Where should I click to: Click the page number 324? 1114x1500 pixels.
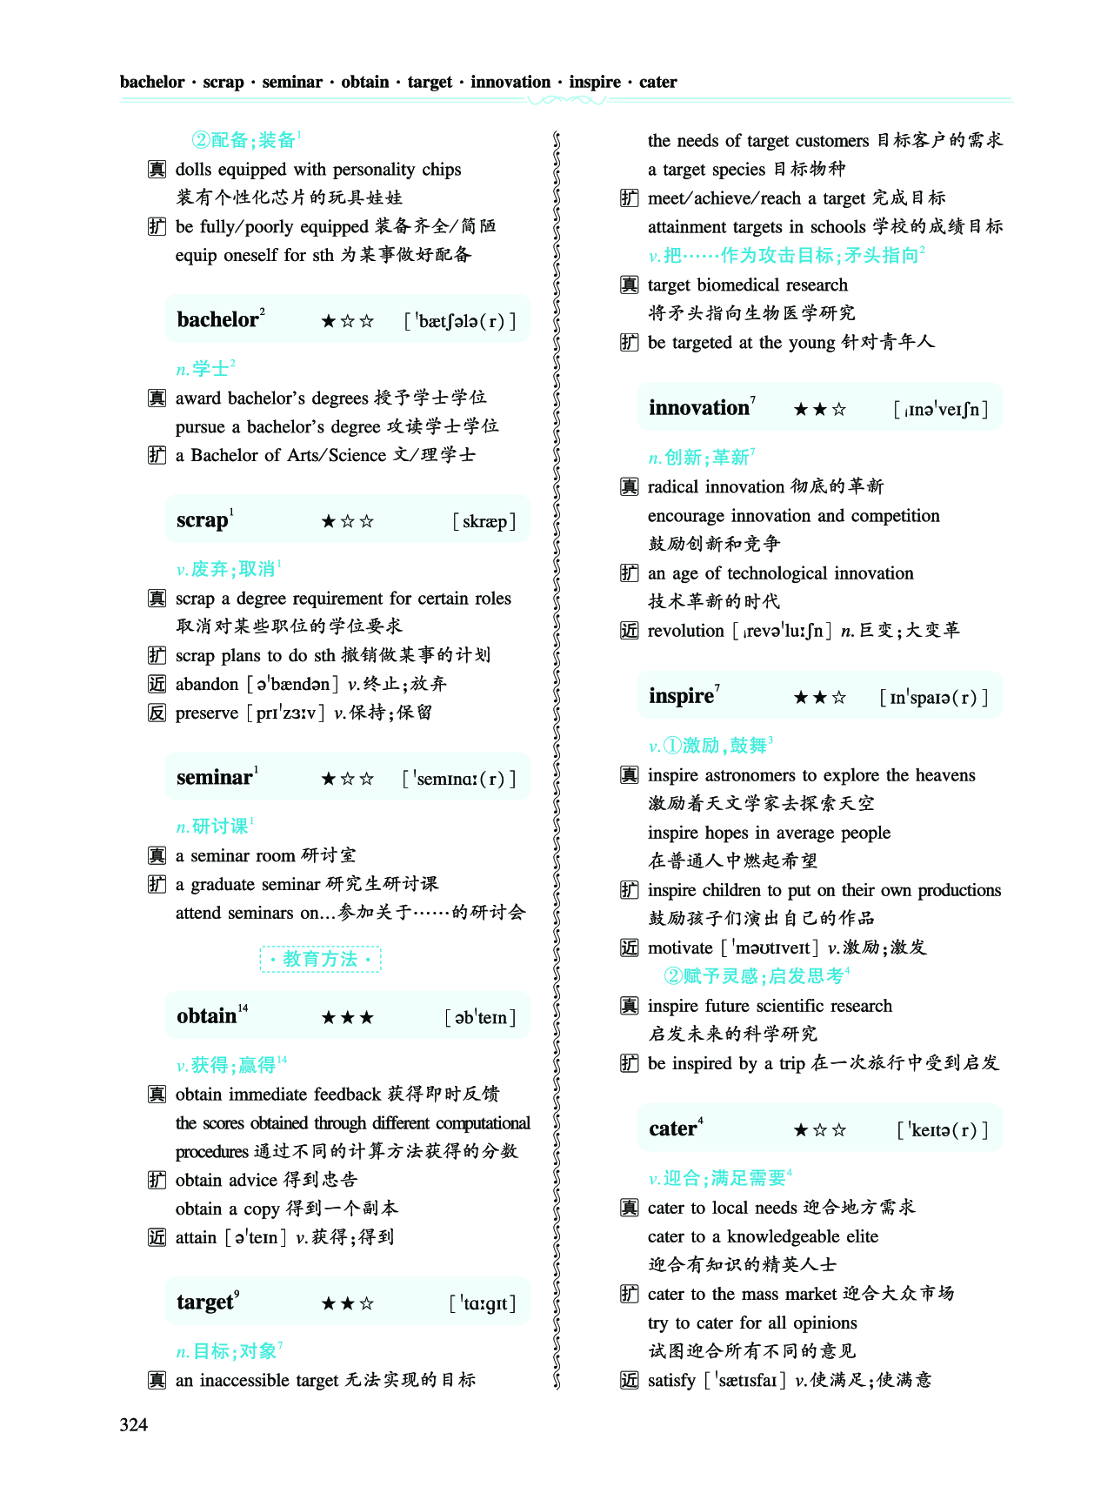click(134, 1424)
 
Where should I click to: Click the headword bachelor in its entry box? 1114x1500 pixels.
click(217, 320)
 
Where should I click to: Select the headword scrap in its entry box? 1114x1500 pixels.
click(202, 520)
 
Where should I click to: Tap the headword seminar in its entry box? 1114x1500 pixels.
click(214, 778)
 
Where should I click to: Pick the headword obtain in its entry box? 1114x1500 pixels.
click(207, 1016)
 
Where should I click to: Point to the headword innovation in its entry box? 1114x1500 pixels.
click(699, 408)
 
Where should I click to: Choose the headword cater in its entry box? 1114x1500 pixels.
click(672, 1129)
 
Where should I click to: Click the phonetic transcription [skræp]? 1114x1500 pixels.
click(484, 521)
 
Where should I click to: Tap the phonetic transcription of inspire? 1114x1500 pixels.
click(934, 697)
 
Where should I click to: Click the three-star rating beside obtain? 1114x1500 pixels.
click(347, 1017)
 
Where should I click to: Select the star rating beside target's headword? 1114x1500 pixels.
click(347, 1303)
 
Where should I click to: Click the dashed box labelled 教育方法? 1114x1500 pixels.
click(320, 959)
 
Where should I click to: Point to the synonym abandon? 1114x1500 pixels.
click(207, 684)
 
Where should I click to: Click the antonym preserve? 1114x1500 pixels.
click(207, 713)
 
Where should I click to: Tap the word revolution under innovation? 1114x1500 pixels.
click(685, 631)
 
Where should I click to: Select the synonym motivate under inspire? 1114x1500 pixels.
click(680, 948)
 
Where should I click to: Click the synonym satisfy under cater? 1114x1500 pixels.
click(671, 1380)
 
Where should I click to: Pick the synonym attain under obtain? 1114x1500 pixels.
click(196, 1237)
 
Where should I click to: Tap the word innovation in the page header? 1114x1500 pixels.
click(510, 82)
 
